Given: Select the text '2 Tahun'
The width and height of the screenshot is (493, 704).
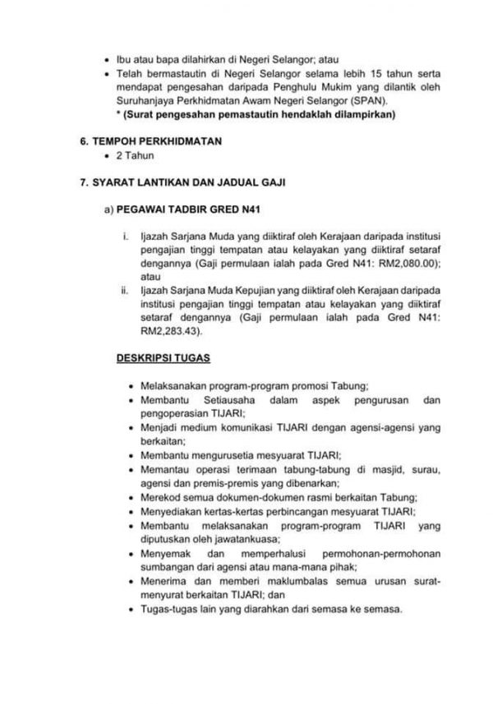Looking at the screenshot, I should [x=133, y=156].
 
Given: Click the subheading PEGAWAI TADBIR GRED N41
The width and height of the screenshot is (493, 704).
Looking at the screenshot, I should [x=168, y=210].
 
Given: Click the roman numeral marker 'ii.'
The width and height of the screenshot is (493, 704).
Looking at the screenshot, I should [x=126, y=291].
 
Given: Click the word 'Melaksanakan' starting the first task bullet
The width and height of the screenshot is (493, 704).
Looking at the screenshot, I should [x=168, y=384].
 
